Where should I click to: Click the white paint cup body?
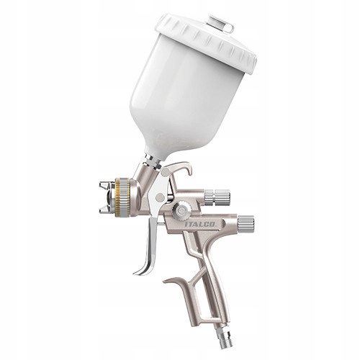click(184, 101)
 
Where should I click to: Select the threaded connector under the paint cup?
click(153, 163)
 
